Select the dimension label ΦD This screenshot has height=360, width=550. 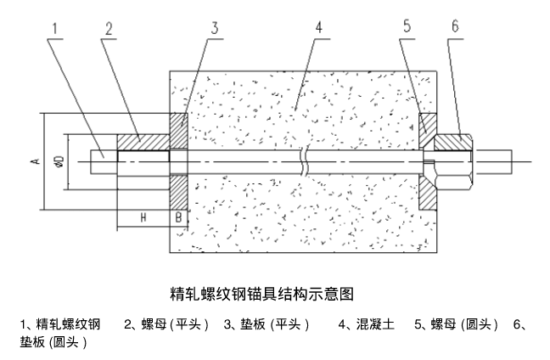coord(58,160)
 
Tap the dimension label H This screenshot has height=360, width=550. coord(143,217)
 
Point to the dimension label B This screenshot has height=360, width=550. coord(177,217)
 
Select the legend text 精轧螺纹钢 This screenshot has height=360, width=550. coord(69,324)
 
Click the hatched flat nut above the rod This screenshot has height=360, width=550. coord(142,138)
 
